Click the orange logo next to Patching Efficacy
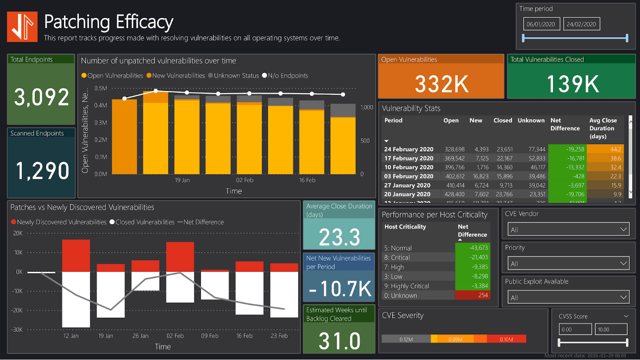[x=22, y=27]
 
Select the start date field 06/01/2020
[x=541, y=24]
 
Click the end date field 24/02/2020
[x=582, y=24]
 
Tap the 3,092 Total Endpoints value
[x=41, y=97]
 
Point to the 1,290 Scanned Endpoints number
[x=42, y=171]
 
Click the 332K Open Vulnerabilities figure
[x=441, y=84]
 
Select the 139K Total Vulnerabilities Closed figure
[x=573, y=84]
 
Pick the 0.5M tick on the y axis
[x=101, y=88]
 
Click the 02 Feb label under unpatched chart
[x=245, y=180]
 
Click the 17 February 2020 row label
[x=409, y=158]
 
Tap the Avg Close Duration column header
[x=603, y=128]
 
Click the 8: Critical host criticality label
[x=397, y=258]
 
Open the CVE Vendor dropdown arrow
[x=623, y=229]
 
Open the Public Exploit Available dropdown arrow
[x=623, y=297]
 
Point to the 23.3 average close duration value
[x=339, y=237]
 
